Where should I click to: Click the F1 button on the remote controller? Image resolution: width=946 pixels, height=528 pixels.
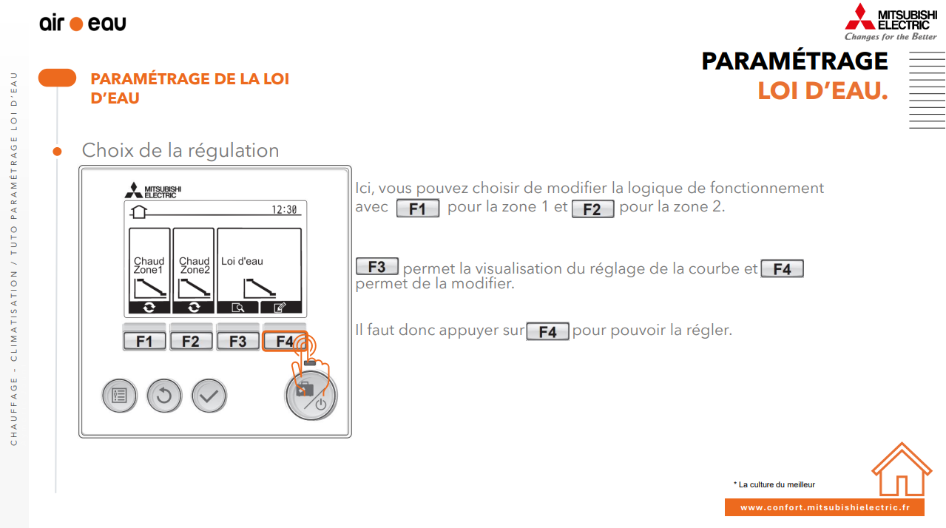144,341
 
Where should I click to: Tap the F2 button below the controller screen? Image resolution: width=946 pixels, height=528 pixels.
191,341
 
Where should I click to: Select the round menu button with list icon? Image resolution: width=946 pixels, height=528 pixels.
120,396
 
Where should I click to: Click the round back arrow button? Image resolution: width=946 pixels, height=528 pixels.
164,396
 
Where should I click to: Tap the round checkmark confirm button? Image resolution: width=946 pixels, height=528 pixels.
209,396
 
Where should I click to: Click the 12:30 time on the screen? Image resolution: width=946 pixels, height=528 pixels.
284,209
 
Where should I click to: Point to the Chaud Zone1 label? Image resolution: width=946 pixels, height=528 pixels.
149,265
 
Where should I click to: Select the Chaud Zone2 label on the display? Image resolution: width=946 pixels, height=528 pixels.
195,265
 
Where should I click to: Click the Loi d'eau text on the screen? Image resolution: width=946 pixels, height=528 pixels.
242,261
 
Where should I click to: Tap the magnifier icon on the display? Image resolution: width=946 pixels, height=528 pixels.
237,308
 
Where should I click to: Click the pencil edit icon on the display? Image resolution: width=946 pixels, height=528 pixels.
280,308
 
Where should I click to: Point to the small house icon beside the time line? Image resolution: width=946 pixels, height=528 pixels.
138,211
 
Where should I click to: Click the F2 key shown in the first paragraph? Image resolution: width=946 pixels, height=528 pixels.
592,209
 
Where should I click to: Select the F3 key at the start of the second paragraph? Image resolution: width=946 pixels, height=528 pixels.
376,266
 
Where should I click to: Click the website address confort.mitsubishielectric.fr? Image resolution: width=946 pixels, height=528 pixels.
825,507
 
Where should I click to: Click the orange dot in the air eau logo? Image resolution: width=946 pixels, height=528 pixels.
76,24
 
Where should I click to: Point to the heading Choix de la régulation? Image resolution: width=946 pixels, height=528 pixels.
180,150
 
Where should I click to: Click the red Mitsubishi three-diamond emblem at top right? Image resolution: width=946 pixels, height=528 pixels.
860,17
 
